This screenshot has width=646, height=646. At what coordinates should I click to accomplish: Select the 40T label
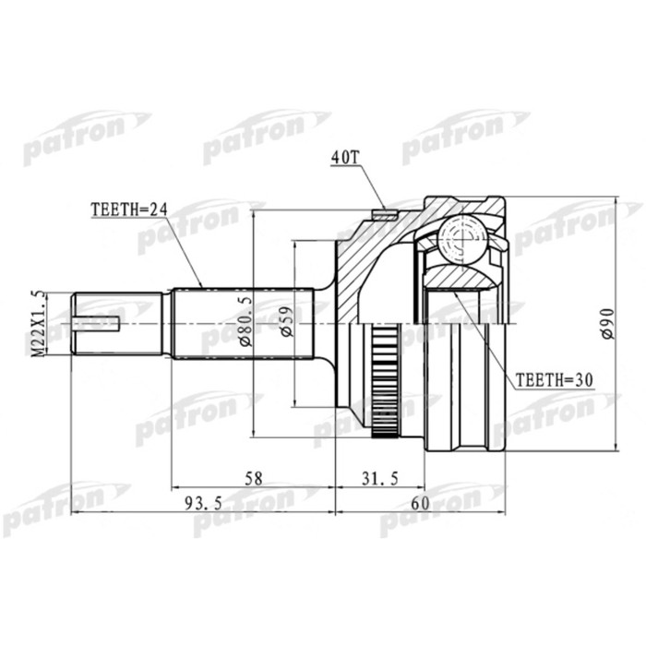tap(344, 159)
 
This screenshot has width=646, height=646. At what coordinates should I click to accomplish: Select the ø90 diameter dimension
tap(607, 323)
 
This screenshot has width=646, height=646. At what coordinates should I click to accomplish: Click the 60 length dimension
tap(420, 504)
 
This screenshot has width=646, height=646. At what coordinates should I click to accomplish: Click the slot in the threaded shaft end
tap(100, 323)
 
